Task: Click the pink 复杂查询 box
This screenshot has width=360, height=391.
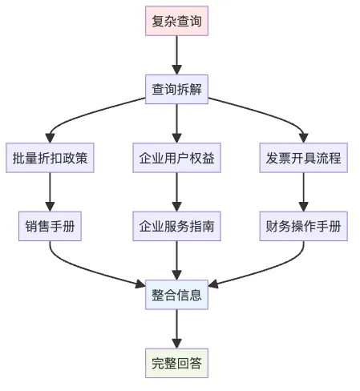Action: coord(176,21)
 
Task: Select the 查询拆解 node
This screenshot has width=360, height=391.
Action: coord(176,89)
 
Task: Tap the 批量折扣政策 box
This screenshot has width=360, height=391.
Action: coord(50,158)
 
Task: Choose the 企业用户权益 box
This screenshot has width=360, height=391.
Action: coord(176,158)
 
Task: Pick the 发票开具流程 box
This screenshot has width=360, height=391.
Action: coord(303,158)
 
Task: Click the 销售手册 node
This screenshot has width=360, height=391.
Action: coord(50,226)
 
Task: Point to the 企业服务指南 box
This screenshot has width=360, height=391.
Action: coord(176,226)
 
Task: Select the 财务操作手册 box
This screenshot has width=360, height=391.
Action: coord(303,226)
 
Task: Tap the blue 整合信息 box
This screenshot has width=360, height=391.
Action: coord(176,295)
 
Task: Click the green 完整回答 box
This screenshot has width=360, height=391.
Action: coord(176,363)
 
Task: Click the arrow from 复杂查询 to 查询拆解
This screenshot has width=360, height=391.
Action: coord(176,55)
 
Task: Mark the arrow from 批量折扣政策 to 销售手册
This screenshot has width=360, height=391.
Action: coord(50,192)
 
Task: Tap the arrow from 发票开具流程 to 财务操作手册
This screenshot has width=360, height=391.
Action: coord(303,192)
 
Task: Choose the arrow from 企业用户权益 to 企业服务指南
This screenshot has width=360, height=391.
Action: coord(176,192)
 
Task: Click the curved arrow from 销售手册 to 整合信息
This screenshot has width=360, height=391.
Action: coord(86,269)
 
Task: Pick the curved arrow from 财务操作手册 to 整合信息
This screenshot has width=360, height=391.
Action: coord(267,269)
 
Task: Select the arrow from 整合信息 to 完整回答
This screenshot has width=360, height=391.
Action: coord(176,329)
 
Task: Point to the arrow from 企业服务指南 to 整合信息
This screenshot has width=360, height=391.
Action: coord(176,260)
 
